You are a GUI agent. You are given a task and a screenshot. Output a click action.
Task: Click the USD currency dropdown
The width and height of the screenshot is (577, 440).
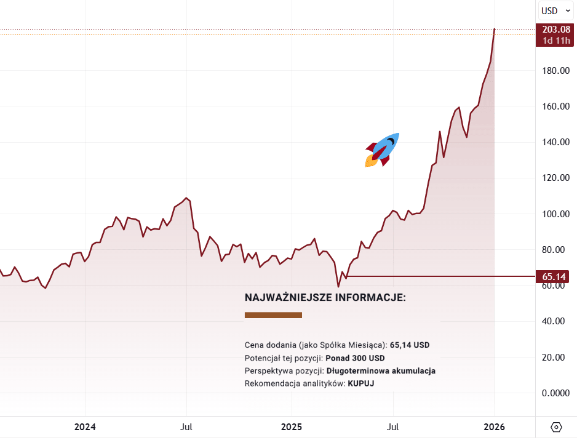[554, 10]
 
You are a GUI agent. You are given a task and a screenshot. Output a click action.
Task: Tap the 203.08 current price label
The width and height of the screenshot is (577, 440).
[555, 30]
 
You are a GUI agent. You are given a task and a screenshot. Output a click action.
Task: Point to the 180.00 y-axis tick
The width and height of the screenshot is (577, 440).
[555, 71]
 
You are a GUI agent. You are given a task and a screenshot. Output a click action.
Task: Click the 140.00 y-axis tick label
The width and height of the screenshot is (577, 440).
[555, 142]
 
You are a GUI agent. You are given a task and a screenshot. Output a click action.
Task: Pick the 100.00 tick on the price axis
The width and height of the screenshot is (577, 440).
[555, 214]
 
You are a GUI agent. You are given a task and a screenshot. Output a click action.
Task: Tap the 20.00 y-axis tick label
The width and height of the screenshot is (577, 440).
[555, 357]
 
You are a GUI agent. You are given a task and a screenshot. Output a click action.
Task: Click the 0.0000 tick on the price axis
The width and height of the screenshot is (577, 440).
[555, 393]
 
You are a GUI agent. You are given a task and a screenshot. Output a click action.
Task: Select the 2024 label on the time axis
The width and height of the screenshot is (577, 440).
[85, 426]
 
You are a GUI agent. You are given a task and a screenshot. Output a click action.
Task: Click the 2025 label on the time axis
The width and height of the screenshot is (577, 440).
[292, 426]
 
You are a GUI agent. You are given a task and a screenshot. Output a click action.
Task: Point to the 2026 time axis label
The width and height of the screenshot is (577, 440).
[494, 426]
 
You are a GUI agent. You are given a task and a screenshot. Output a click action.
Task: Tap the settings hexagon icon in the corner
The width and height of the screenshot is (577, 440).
[556, 426]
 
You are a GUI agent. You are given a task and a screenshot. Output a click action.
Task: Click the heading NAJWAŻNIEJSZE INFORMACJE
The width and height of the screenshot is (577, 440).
[325, 298]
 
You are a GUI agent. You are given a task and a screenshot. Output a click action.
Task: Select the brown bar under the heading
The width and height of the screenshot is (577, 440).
[273, 315]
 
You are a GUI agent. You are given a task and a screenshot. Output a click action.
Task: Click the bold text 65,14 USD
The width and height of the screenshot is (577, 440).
[410, 345]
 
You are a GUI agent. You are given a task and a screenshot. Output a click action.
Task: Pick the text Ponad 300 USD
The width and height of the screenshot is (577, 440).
[355, 358]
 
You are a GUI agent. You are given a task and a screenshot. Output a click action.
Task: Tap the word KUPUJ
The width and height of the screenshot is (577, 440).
[361, 383]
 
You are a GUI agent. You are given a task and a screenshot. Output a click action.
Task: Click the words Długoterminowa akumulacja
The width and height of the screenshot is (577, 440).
[381, 371]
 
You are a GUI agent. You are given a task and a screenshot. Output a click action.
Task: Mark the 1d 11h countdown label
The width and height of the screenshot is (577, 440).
[555, 41]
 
